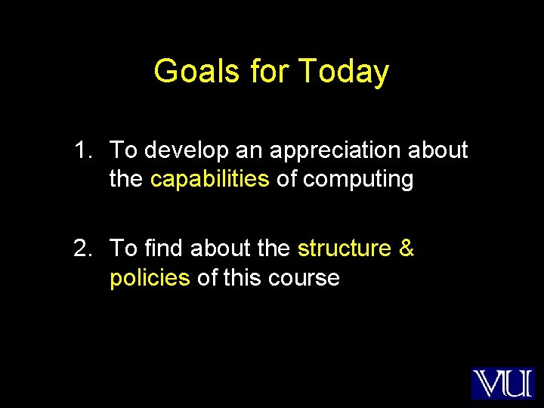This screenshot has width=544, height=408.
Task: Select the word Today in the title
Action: [344, 72]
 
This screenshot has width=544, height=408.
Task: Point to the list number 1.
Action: [82, 150]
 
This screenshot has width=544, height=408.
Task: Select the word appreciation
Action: [332, 151]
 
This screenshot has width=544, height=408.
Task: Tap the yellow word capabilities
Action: [210, 180]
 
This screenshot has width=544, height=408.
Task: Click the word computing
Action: [359, 181]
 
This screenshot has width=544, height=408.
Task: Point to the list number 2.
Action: [82, 248]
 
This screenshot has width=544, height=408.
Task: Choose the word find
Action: [164, 248]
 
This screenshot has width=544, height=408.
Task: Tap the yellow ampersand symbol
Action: [406, 248]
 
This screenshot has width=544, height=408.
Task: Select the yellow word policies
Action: [150, 278]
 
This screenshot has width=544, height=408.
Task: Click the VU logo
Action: [502, 383]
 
